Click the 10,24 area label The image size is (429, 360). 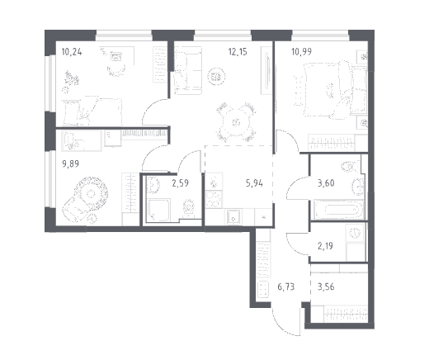(72, 52)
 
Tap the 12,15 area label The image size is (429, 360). (238, 51)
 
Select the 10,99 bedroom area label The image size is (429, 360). (301, 51)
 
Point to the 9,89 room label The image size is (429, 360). (71, 164)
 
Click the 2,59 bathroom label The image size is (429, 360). (181, 183)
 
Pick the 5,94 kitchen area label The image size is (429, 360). (254, 183)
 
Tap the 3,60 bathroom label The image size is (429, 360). (326, 183)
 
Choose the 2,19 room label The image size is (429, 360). (325, 246)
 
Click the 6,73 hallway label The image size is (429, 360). (286, 287)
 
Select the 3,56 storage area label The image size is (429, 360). (326, 287)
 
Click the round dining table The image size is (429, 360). (236, 122)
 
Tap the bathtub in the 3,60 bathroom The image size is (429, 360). (339, 211)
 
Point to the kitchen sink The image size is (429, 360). (233, 217)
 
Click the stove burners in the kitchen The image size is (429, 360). (214, 199)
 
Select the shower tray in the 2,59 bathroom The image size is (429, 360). (158, 210)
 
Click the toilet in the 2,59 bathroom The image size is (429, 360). (189, 207)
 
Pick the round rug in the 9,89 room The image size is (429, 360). (91, 193)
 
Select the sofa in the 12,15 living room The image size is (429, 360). (187, 71)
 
